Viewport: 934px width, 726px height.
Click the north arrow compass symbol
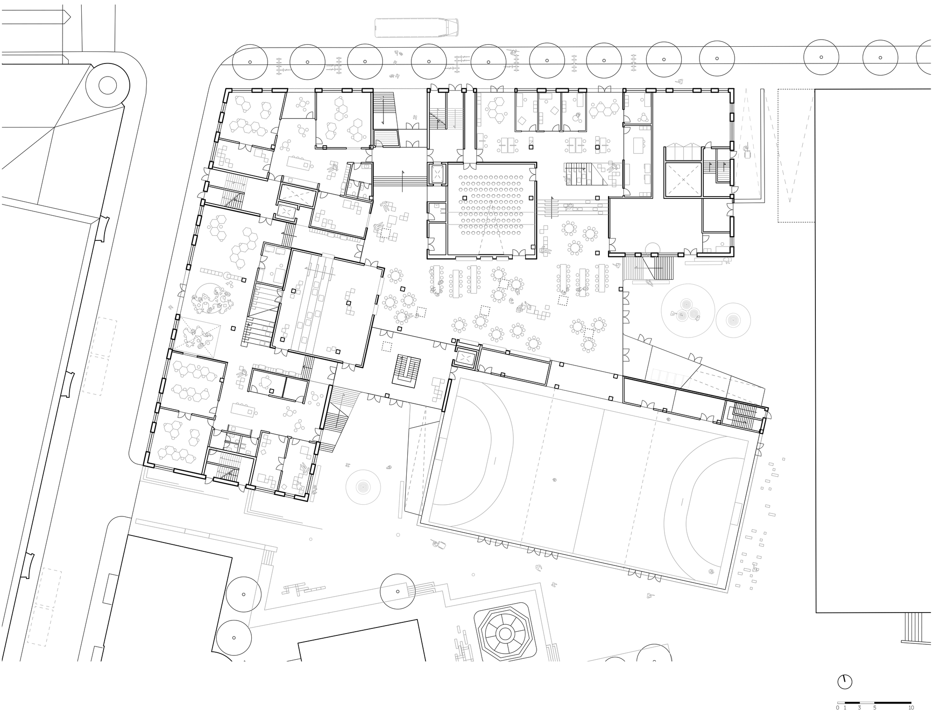pos(844,682)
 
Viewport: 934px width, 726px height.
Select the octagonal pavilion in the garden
pos(505,634)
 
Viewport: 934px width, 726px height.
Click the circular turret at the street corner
pos(107,86)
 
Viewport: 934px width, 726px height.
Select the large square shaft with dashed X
pos(683,180)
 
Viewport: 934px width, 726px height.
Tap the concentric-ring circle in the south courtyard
pos(363,487)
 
